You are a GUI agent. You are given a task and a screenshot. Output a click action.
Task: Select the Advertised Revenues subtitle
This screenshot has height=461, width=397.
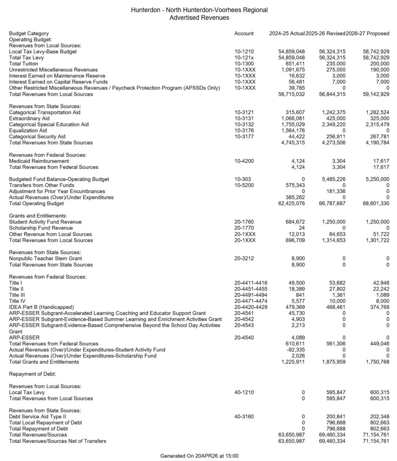tap(199, 18)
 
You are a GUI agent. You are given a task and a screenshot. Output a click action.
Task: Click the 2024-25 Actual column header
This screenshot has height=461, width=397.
tap(287, 34)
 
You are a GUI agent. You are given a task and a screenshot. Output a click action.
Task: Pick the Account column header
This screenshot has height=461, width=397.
tap(244, 34)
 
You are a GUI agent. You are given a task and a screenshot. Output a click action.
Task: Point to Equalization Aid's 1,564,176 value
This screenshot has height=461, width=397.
tap(292, 131)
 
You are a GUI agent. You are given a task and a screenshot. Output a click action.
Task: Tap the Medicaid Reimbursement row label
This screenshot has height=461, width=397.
tap(39, 161)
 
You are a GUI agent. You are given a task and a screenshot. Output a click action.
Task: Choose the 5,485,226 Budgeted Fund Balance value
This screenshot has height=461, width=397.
tap(334, 179)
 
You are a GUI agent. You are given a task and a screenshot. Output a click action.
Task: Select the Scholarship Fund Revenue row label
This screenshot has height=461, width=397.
tap(38, 228)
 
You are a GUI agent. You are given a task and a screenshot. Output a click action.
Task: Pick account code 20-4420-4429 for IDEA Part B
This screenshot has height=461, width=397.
tap(250, 307)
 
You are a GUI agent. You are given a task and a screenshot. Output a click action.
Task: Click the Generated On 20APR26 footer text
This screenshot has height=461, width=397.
tap(199, 456)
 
